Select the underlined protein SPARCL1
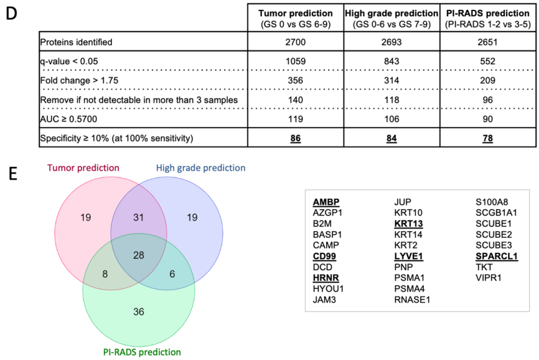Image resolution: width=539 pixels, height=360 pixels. [496, 255]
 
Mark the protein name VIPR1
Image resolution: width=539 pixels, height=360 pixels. [489, 277]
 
